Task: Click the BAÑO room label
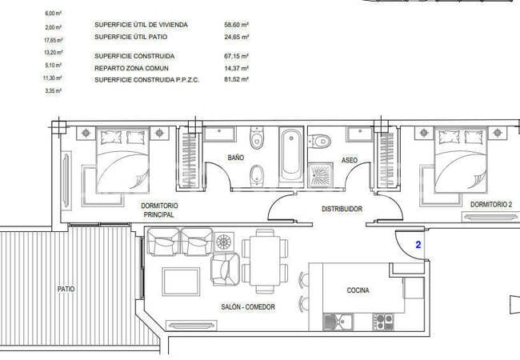pos(236,158)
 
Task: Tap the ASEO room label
pos(350,160)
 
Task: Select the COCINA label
pos(358,290)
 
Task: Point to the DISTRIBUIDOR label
pos(342,209)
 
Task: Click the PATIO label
pos(66,289)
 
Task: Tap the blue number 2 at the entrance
pos(418,245)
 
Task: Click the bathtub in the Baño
pos(291,155)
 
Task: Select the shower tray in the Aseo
pos(320,174)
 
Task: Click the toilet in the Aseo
pos(319,142)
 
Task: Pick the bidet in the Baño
pos(256,174)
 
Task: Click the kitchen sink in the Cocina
pos(338,322)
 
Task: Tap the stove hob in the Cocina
pos(383,322)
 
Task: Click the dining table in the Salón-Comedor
pos(265,260)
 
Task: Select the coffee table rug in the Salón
pos(181,282)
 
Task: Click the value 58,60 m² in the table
pos(237,25)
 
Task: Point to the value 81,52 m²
pos(237,79)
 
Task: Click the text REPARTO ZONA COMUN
pos(131,68)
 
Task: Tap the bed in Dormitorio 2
pos(461,160)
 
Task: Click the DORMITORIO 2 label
pos(491,205)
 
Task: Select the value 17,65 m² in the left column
pos(54,40)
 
